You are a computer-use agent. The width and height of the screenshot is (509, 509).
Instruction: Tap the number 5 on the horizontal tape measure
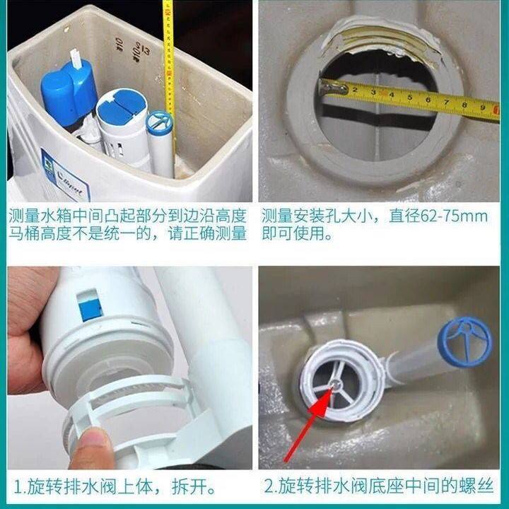pyautogui.click(x=409, y=97)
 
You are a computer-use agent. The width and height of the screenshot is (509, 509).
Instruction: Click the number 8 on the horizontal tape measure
pyautogui.click(x=464, y=105)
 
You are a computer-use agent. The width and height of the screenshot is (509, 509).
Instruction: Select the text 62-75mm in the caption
pyautogui.click(x=454, y=216)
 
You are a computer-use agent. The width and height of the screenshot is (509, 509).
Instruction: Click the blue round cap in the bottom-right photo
pyautogui.click(x=465, y=341)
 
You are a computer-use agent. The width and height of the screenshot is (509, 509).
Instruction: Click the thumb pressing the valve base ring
pyautogui.click(x=91, y=449)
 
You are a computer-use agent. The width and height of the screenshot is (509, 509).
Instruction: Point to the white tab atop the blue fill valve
pyautogui.click(x=76, y=59)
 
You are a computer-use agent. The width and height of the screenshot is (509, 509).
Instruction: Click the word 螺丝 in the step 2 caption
pyautogui.click(x=476, y=486)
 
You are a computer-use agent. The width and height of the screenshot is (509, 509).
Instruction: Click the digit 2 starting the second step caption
pyautogui.click(x=269, y=486)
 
